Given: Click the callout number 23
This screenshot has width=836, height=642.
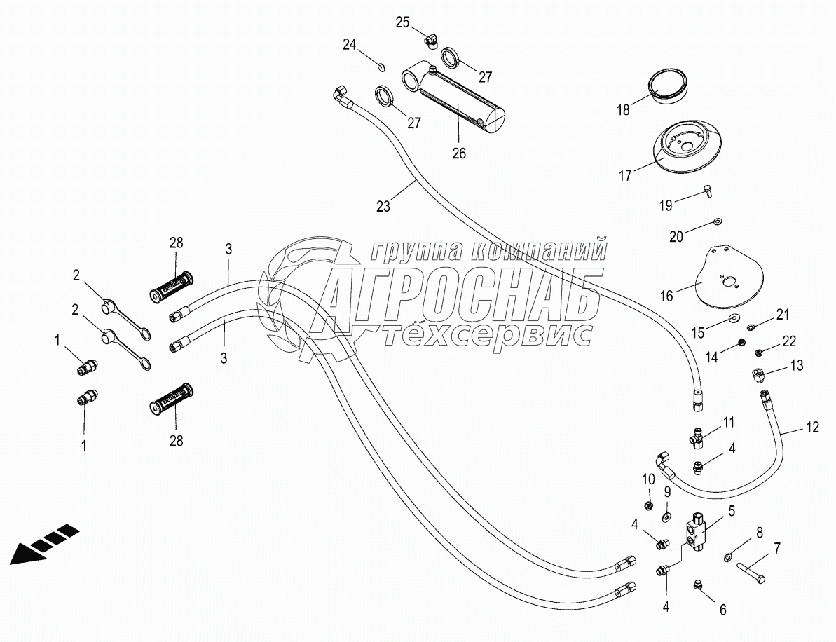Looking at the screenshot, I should click(x=383, y=206).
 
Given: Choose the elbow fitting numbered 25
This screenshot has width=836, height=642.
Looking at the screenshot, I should click(x=428, y=39).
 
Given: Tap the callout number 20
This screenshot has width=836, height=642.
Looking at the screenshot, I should click(x=676, y=237).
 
